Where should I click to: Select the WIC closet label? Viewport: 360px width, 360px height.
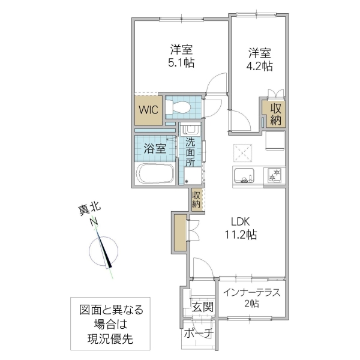[x=148, y=110]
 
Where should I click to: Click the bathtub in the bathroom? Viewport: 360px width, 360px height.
[x=155, y=175]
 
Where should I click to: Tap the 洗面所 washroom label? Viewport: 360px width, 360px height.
[x=190, y=152]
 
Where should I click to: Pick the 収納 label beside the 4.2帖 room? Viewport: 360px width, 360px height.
[x=275, y=114]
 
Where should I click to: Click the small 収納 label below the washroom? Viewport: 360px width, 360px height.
[x=196, y=200]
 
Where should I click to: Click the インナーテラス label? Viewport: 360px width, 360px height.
[x=251, y=293]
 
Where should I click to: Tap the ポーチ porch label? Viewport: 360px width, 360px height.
[x=198, y=334]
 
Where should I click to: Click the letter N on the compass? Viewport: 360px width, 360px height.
[x=94, y=223]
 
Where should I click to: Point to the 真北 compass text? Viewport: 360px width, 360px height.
[x=90, y=209]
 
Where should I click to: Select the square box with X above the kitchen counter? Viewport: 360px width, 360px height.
[x=242, y=152]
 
